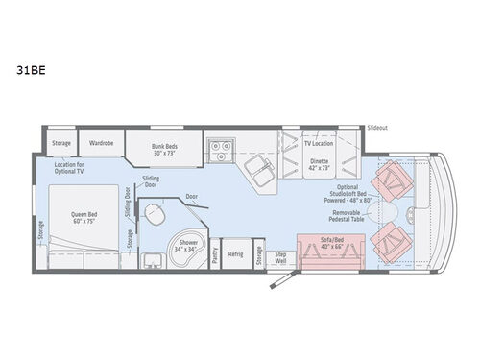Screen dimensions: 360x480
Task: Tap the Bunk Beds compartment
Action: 165,149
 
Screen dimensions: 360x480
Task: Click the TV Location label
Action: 318,142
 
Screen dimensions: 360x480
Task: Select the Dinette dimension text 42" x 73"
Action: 318,167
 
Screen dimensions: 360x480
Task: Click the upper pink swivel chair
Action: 394,179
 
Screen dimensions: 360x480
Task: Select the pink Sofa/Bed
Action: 329,252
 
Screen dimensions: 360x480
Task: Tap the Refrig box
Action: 236,254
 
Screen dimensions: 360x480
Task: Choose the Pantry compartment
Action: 214,254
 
